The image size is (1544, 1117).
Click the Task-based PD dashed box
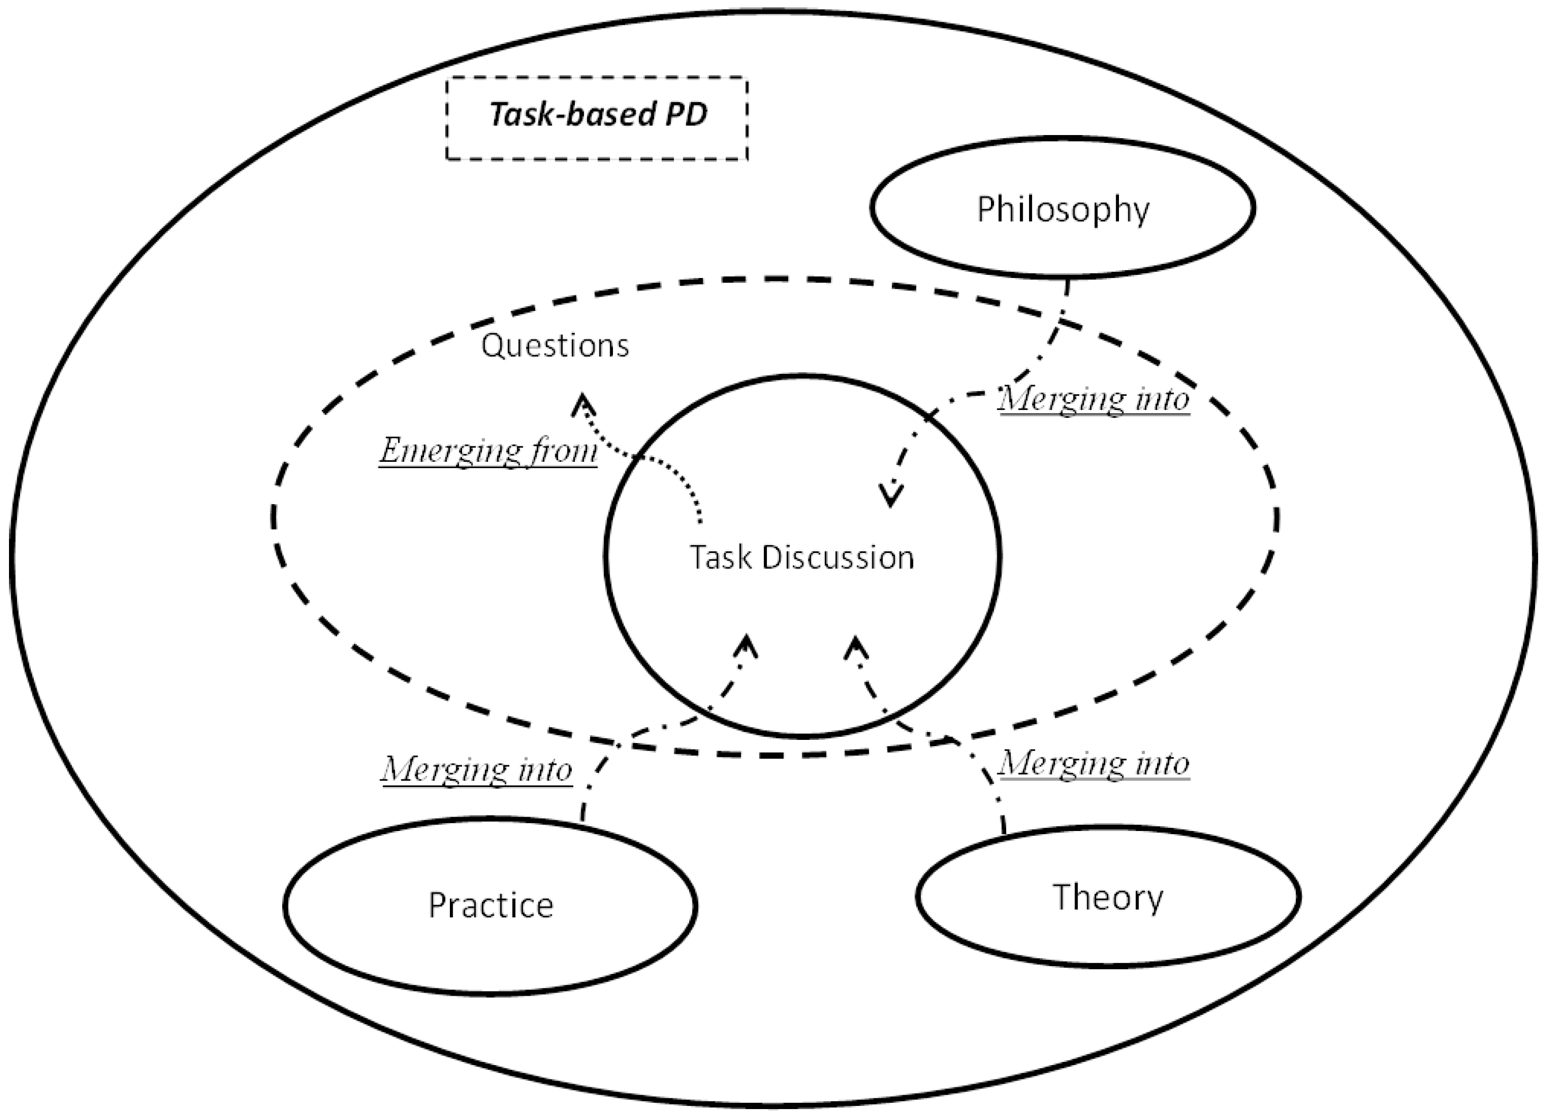(597, 117)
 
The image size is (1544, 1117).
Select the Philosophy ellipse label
(1063, 209)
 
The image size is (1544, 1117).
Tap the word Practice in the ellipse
(491, 906)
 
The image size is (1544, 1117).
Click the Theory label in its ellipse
(1108, 897)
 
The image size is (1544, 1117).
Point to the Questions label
(555, 346)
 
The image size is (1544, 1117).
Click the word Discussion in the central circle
(837, 558)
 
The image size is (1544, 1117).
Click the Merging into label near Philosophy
(1094, 398)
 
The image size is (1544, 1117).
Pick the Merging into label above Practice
(476, 770)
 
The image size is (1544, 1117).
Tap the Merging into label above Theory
(1094, 763)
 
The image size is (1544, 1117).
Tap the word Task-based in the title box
(572, 114)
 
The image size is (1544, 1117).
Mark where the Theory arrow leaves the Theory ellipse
(1004, 832)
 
